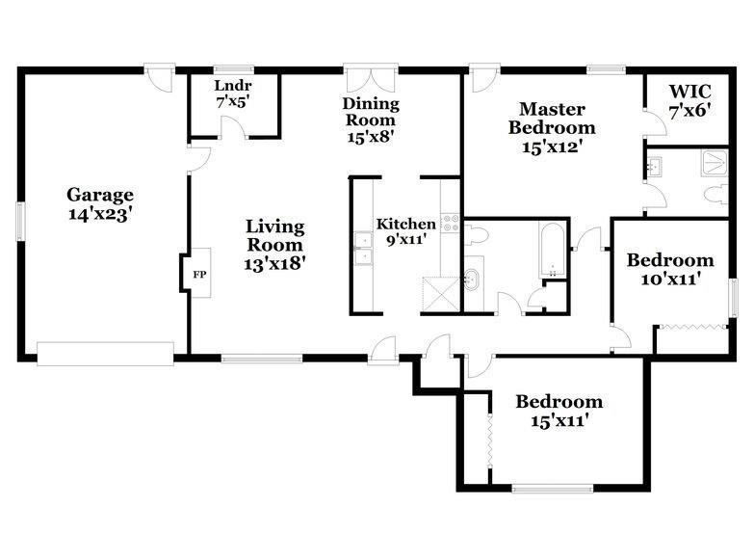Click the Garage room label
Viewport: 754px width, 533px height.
click(x=100, y=195)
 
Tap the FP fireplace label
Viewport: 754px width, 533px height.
click(x=199, y=275)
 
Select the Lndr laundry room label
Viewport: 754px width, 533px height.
click(x=233, y=86)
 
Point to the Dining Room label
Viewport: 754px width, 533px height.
click(x=371, y=111)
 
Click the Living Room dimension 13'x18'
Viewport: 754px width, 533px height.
click(x=275, y=263)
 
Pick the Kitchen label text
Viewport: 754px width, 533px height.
click(x=405, y=224)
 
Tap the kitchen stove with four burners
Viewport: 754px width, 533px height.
click(x=451, y=223)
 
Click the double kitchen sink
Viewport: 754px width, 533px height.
click(x=364, y=249)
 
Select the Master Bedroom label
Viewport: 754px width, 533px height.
click(x=552, y=119)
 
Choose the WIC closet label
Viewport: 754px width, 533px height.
click(x=690, y=91)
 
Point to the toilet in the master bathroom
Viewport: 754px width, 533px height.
click(x=716, y=195)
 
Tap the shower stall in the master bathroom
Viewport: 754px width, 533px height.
click(x=715, y=163)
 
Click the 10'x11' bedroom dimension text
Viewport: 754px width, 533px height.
click(x=670, y=280)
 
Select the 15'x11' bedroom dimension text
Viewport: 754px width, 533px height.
click(x=560, y=420)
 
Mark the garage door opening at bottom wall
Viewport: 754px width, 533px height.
click(x=105, y=354)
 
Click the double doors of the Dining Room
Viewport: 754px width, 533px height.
click(x=371, y=76)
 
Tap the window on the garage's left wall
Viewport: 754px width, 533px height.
click(x=19, y=221)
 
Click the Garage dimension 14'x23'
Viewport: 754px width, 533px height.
click(x=100, y=214)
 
